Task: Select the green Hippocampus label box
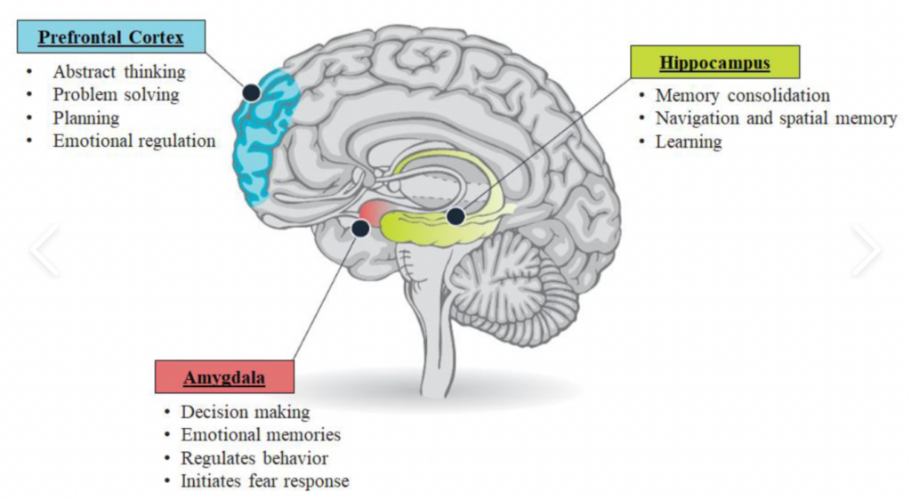(715, 63)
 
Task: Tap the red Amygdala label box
(223, 377)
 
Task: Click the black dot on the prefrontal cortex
(252, 92)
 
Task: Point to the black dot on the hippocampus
(456, 216)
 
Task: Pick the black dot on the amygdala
(360, 229)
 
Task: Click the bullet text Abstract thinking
(119, 72)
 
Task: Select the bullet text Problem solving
(116, 94)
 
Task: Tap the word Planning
(85, 117)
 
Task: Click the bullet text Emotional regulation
(133, 141)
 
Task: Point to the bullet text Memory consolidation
(742, 95)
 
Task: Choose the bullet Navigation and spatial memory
(776, 118)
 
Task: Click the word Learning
(689, 141)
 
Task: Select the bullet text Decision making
(245, 412)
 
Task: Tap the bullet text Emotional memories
(261, 435)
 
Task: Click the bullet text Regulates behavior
(254, 458)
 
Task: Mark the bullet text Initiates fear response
(265, 481)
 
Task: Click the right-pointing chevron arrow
(865, 250)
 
